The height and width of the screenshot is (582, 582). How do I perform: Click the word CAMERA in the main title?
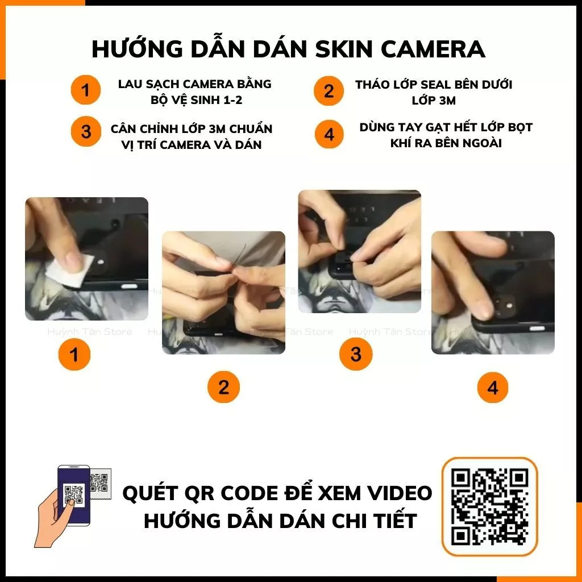click(x=433, y=49)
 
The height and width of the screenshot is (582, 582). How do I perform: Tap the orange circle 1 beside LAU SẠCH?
click(x=86, y=90)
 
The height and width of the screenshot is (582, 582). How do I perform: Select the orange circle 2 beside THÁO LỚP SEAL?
click(x=329, y=91)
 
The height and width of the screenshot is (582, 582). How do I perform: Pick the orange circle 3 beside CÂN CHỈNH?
click(x=86, y=132)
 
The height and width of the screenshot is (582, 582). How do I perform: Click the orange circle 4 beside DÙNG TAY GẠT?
click(x=329, y=135)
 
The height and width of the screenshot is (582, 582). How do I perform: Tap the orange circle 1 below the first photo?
click(x=74, y=355)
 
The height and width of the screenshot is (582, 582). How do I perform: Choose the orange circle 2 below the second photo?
click(x=223, y=388)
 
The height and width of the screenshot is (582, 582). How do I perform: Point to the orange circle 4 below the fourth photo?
click(x=492, y=388)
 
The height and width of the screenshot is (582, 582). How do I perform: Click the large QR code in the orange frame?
click(x=489, y=506)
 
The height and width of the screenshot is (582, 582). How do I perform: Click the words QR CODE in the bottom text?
click(x=229, y=493)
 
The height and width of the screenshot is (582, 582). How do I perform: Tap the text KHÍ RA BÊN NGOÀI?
click(x=446, y=143)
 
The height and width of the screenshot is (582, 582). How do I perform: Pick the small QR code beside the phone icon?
click(x=100, y=481)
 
